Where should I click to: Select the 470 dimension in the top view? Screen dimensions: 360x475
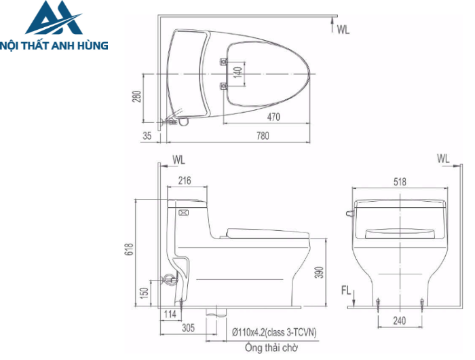[273, 117]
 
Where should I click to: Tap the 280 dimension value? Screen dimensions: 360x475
[136, 98]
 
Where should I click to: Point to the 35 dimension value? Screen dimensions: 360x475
[147, 136]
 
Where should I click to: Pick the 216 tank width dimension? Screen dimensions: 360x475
[184, 180]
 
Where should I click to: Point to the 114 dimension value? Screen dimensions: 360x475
[170, 314]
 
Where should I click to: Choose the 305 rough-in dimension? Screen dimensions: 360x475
[188, 327]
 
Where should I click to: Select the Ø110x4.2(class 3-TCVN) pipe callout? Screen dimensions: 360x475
[274, 332]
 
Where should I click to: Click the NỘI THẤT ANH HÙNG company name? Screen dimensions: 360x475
[56, 45]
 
